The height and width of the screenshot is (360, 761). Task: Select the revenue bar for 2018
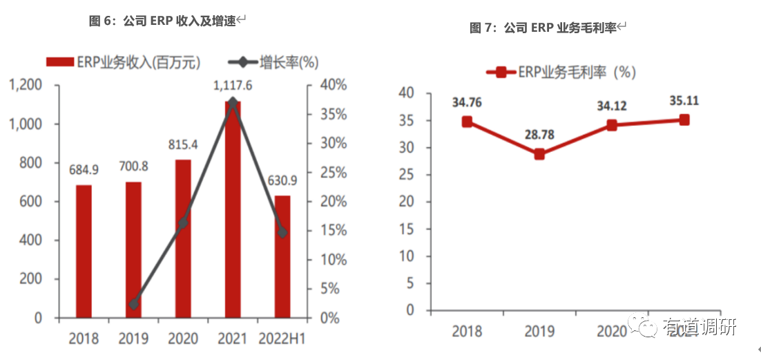tap(84, 252)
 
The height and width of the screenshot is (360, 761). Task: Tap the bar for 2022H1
tap(282, 256)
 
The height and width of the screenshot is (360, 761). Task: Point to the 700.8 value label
tap(133, 168)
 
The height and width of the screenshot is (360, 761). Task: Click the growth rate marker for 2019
tap(134, 304)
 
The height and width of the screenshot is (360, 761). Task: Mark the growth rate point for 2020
tap(183, 223)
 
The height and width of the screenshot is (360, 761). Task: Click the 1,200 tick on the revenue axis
tap(26, 85)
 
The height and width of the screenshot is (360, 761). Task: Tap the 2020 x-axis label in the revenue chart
tap(182, 339)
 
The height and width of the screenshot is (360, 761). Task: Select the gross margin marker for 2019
tap(539, 153)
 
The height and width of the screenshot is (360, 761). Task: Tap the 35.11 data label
tap(684, 100)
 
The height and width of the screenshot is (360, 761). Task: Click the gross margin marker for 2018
tap(467, 122)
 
